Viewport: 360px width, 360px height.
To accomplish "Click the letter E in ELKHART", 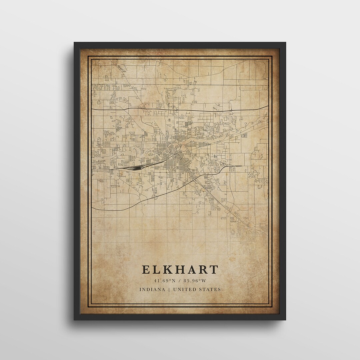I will [x=146, y=269].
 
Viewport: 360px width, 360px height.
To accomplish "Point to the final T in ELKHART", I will [x=214, y=269].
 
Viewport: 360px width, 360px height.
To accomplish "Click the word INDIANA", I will [x=152, y=289].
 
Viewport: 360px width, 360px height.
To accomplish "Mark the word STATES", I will [x=210, y=289].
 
